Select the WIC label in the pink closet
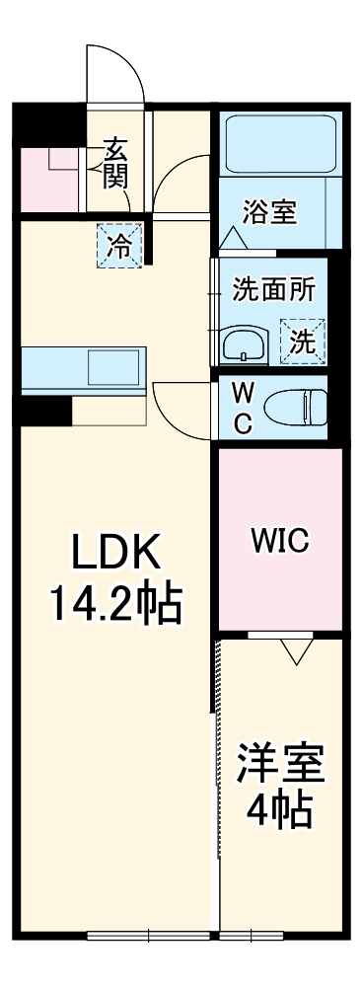click(279, 540)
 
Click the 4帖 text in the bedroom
click(279, 812)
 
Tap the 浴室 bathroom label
click(271, 212)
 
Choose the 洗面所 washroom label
click(273, 290)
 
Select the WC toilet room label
click(242, 408)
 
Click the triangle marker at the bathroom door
click(234, 238)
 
